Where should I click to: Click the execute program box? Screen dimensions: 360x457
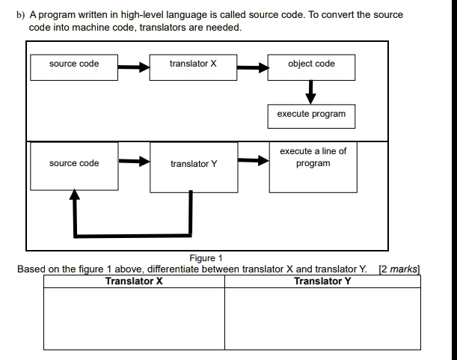click(311, 115)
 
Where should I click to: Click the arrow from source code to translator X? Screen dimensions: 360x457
click(134, 67)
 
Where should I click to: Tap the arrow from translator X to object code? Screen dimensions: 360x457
click(253, 67)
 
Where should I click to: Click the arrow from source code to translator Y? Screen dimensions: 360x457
click(134, 160)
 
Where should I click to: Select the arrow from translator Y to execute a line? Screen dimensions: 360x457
click(253, 160)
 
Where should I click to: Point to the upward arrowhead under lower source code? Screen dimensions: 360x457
click(73, 195)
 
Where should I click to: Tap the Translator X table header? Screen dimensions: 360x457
click(135, 281)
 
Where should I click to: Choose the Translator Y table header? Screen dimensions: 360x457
click(322, 281)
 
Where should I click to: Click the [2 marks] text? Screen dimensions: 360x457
click(400, 269)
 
